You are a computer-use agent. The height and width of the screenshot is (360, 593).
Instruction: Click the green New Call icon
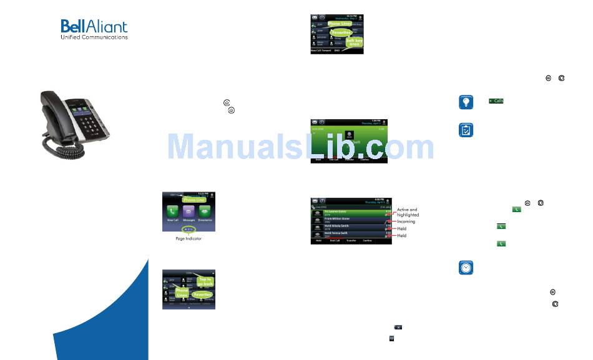coord(173,212)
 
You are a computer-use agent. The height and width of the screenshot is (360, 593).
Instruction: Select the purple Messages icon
coord(189,212)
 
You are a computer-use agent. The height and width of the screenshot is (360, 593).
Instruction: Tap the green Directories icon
coord(207,212)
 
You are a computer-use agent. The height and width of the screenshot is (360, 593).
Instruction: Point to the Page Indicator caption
coord(189,238)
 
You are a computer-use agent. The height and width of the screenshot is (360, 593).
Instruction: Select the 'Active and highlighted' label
coord(408,212)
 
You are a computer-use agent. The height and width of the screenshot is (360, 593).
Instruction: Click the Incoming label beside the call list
coord(406,221)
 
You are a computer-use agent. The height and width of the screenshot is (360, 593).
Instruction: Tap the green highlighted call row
coord(350,213)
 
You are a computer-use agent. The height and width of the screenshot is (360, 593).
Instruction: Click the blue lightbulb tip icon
coord(466,102)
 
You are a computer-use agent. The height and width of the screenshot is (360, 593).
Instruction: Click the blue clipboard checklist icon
coord(466,130)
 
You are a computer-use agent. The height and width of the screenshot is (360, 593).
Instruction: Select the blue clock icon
coord(466,268)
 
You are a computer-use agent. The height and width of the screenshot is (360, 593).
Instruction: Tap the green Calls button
coord(496,100)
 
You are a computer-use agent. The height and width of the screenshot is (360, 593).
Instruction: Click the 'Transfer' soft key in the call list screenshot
coord(351,240)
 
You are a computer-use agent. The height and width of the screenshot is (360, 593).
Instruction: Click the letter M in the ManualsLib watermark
coord(184,147)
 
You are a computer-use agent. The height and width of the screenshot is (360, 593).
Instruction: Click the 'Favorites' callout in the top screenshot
coord(341,32)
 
